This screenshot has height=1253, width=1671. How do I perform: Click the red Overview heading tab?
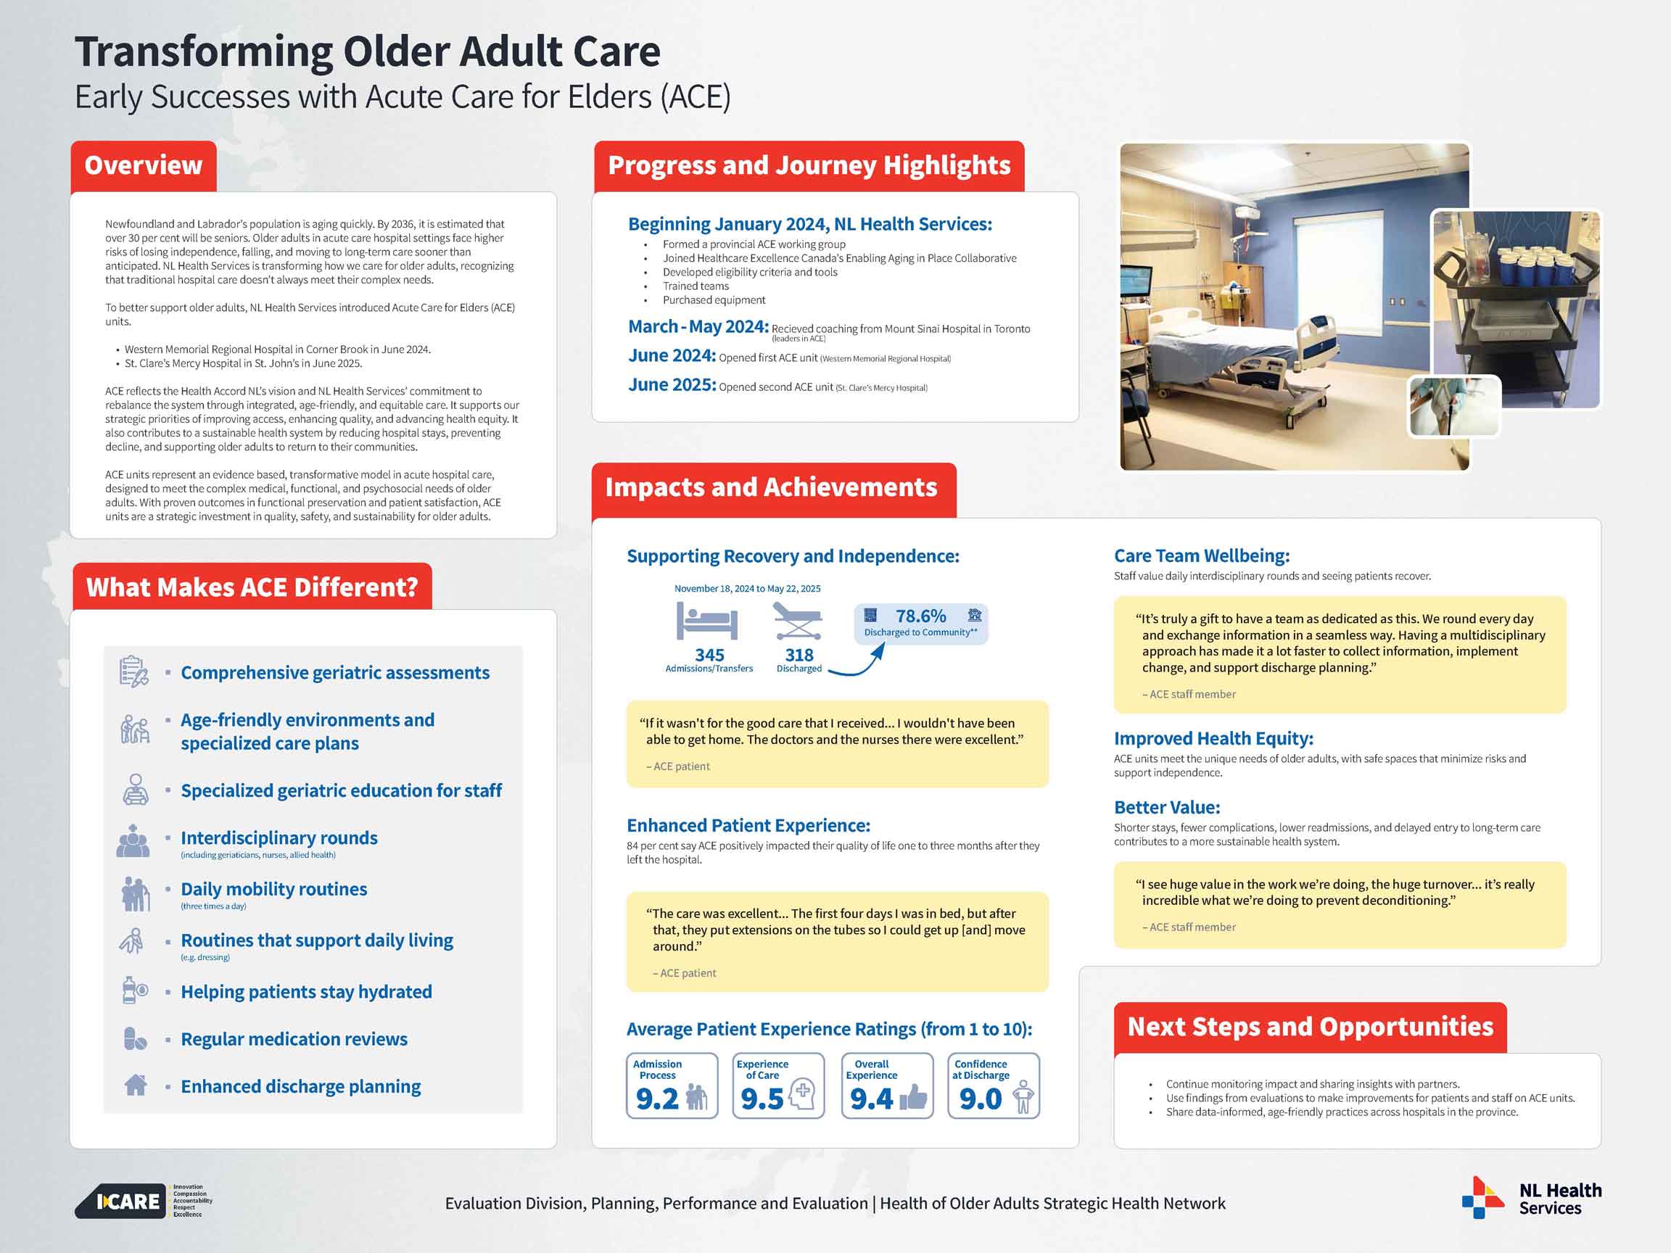pyautogui.click(x=144, y=165)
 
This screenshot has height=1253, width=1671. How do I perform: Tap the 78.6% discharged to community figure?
pyautogui.click(x=920, y=617)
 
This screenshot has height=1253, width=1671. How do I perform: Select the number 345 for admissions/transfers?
pyautogui.click(x=709, y=655)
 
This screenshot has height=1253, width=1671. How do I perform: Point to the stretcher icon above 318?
pyautogui.click(x=798, y=621)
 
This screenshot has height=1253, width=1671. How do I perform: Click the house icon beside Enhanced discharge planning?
pyautogui.click(x=135, y=1085)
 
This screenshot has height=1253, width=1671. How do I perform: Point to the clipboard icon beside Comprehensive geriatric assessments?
pyautogui.click(x=133, y=671)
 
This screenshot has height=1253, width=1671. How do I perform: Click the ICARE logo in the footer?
pyautogui.click(x=121, y=1201)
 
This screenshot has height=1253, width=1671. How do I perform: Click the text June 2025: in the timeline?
pyautogui.click(x=672, y=385)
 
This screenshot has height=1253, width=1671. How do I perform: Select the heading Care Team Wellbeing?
pyautogui.click(x=1201, y=556)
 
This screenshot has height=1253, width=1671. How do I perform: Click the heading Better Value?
pyautogui.click(x=1166, y=807)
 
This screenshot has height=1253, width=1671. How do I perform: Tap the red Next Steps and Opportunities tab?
pyautogui.click(x=1310, y=1027)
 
